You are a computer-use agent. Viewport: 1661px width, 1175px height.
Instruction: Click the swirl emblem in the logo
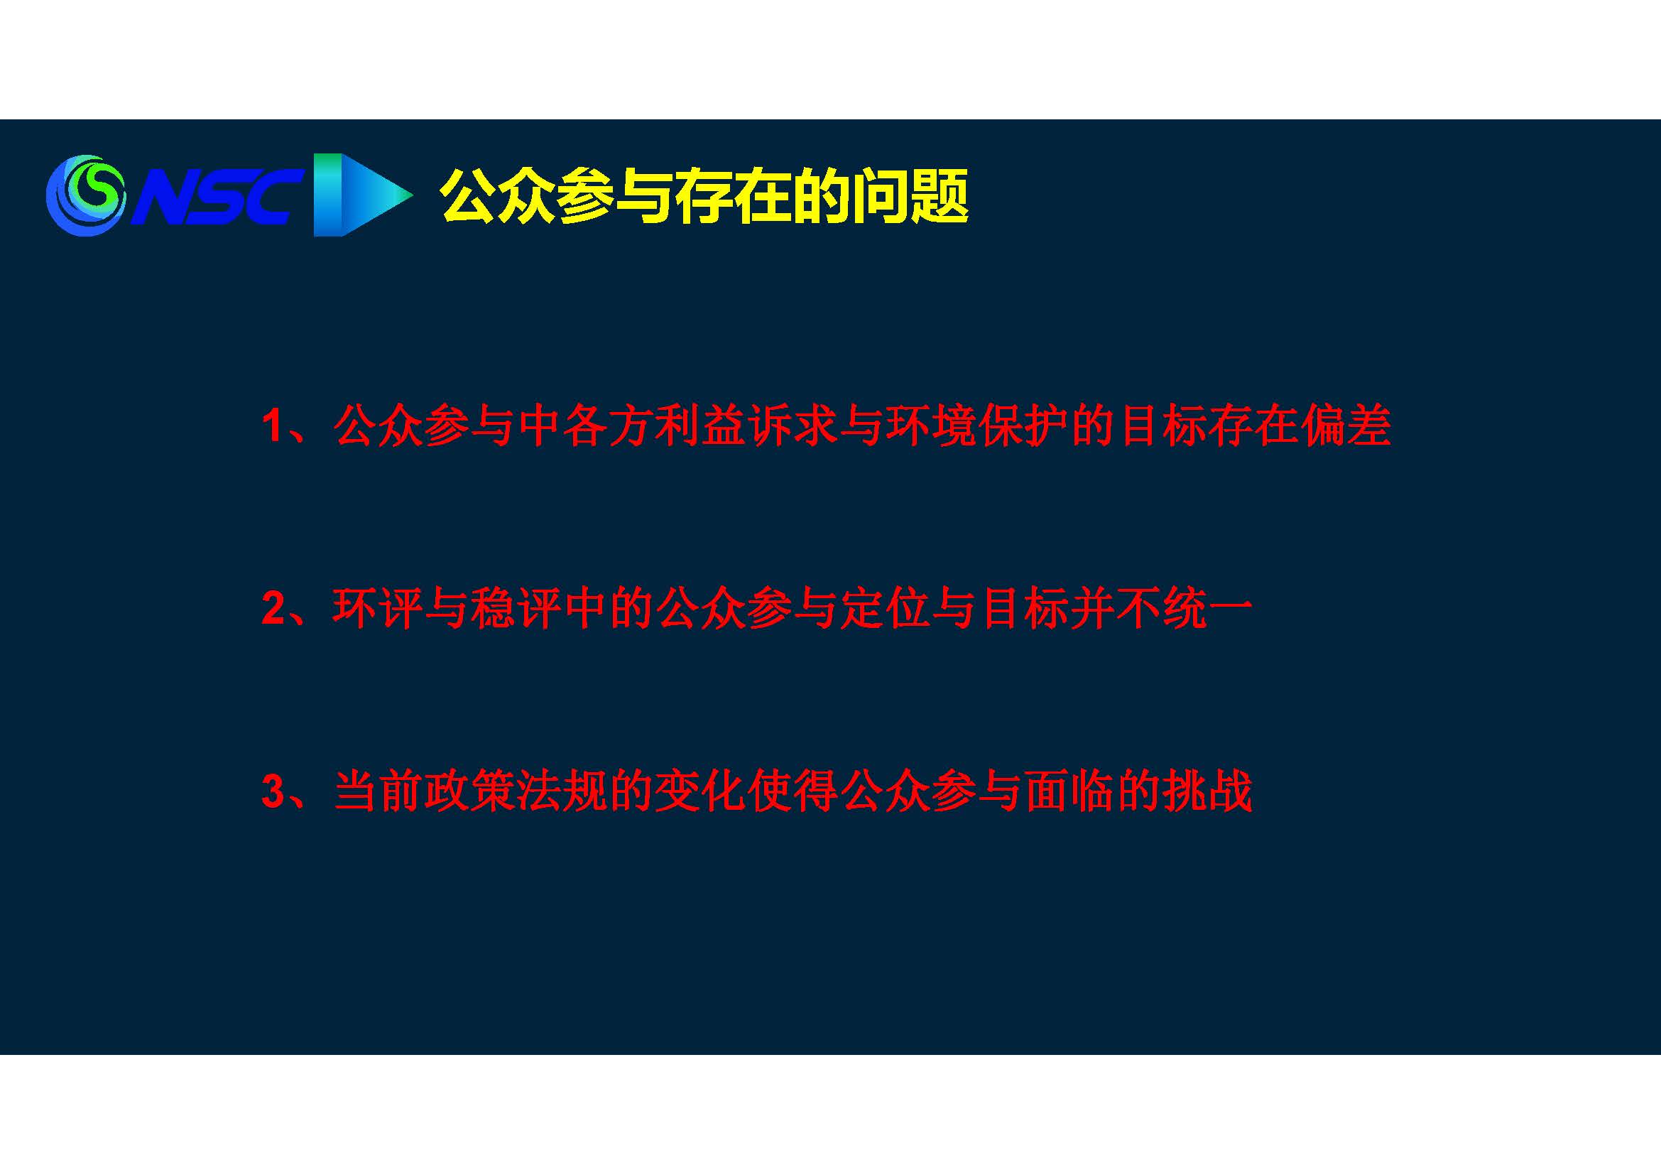coord(85,195)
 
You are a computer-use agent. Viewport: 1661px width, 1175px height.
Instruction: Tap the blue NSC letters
coord(216,196)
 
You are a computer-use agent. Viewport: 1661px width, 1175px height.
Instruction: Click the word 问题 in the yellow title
coord(910,196)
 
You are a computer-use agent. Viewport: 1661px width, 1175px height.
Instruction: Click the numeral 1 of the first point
coord(273,426)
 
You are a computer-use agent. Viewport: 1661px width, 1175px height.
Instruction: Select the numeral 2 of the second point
coord(273,609)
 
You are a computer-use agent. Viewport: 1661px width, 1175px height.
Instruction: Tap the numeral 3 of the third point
coord(273,791)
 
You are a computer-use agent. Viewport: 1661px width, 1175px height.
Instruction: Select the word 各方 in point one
coord(606,426)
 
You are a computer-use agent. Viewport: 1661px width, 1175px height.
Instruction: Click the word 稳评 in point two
coord(514,609)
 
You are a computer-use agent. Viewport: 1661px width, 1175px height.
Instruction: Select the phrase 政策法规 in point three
coord(514,791)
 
